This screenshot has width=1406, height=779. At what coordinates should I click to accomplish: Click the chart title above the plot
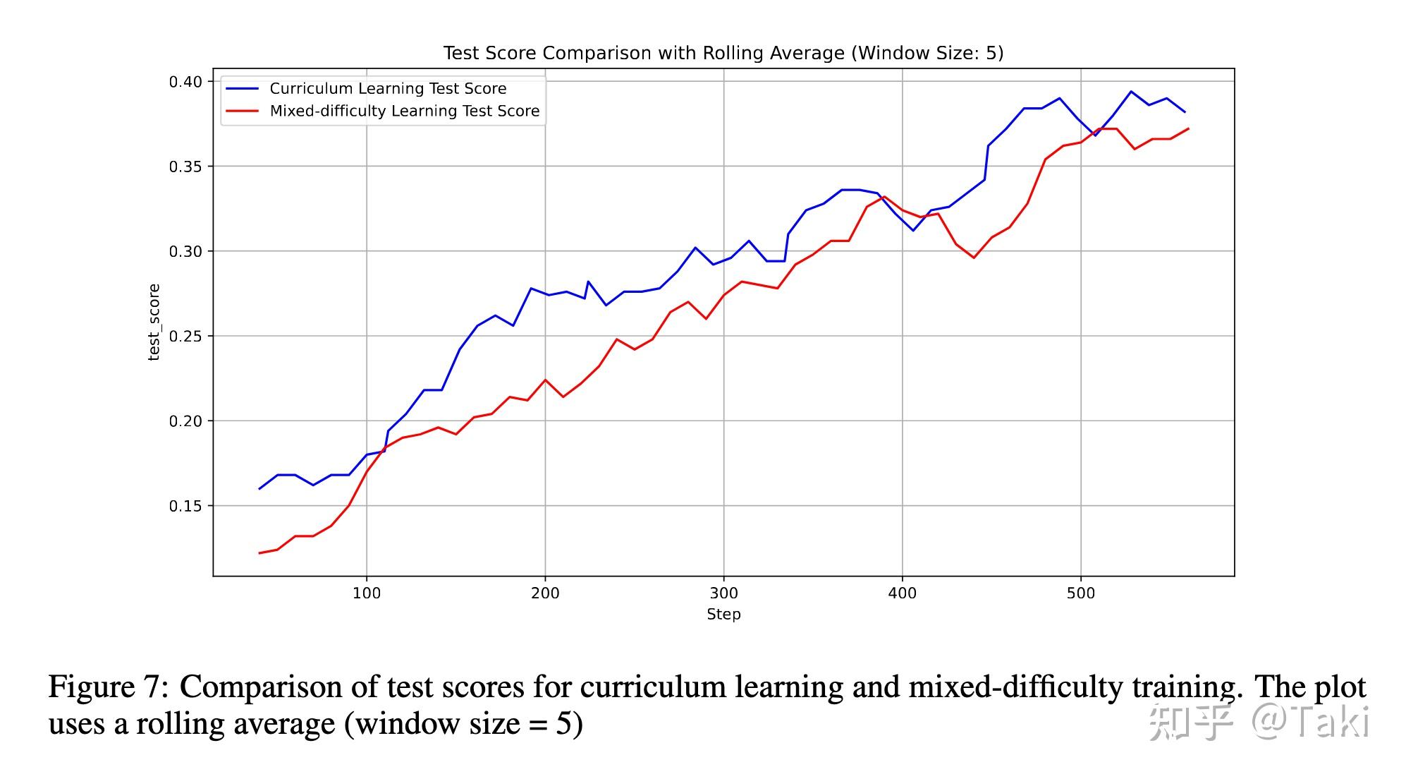[723, 53]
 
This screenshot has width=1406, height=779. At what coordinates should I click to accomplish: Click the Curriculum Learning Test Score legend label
[388, 89]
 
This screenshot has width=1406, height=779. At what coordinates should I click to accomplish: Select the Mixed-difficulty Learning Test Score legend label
[405, 111]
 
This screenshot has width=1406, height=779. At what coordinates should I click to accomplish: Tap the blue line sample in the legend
[242, 89]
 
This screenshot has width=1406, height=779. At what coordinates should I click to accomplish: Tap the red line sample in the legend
[242, 111]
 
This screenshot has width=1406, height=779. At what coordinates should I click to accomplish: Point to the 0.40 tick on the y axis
[185, 82]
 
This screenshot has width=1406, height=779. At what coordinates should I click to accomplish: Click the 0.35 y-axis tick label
[185, 167]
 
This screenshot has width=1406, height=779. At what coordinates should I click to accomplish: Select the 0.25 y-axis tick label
[185, 337]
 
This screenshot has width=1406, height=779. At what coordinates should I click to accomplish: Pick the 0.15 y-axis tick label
[185, 506]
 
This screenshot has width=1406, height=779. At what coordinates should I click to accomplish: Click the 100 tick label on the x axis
[367, 593]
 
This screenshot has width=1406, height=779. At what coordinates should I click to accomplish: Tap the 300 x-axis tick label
[723, 593]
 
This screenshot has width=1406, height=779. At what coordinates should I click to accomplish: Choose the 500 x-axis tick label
[1081, 593]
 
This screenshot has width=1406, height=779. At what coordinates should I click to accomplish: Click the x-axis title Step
[723, 614]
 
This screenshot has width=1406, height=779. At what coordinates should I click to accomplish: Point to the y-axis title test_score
[154, 322]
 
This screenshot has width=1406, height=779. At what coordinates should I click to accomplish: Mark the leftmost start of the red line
[259, 553]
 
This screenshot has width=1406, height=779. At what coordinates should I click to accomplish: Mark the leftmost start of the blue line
[259, 488]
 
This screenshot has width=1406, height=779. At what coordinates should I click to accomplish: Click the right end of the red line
[1189, 128]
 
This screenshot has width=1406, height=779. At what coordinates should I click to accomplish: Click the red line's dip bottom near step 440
[974, 258]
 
